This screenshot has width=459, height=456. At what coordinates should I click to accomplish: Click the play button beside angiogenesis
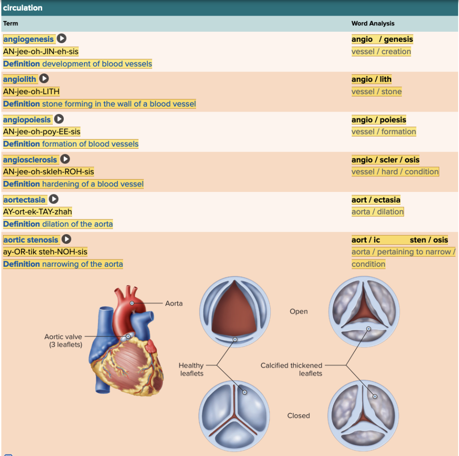coord(62,39)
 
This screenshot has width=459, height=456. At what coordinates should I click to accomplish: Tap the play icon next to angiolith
coord(44,79)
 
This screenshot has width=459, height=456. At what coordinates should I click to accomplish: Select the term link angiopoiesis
coord(27,119)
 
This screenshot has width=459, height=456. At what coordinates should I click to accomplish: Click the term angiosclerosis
coord(30,160)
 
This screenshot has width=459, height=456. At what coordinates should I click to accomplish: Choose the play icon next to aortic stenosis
coord(67,239)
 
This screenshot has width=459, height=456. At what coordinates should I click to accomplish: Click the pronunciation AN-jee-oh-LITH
coord(31,91)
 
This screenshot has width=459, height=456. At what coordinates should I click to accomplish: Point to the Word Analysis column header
coord(373,23)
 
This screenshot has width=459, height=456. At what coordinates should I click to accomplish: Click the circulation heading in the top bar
coord(23,8)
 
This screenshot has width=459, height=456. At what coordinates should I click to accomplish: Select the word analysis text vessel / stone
coord(376,91)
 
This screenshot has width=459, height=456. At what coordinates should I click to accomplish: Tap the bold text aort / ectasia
coord(376,200)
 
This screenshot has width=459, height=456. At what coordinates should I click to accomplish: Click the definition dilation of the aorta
coord(77,224)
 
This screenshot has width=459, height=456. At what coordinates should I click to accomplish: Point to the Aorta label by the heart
coord(174,303)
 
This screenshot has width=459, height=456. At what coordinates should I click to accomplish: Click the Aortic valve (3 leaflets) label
coord(63,340)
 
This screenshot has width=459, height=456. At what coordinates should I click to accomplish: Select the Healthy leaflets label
coord(191,369)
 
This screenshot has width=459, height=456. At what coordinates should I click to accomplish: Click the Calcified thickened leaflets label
coord(291,369)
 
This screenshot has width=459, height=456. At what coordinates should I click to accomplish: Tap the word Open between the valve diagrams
coord(298,311)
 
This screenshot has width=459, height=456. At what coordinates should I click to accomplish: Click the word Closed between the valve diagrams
coord(298,416)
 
